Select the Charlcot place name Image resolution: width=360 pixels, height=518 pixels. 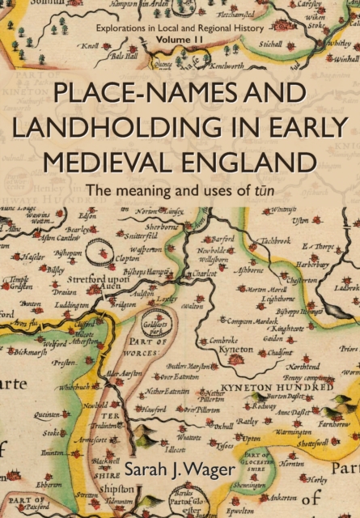pos(200,274)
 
